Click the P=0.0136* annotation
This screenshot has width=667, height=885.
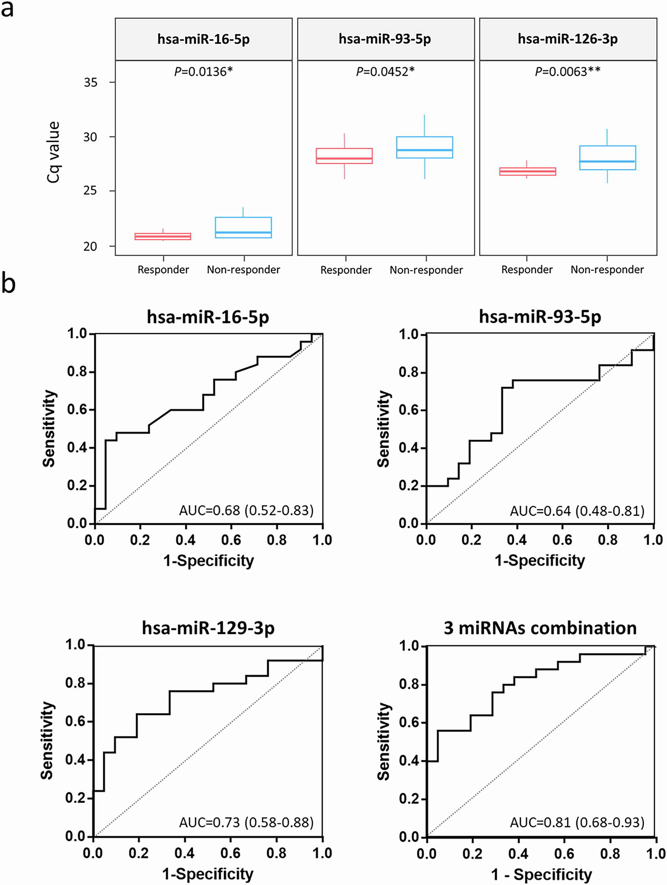coord(204,72)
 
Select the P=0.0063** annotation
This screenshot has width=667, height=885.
coord(568,72)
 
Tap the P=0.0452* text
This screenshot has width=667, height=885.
coord(385,72)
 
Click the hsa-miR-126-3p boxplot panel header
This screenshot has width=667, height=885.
coord(568,39)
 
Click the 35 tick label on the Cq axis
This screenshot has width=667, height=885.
coord(91,82)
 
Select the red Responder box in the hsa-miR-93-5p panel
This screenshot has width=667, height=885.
coord(344,156)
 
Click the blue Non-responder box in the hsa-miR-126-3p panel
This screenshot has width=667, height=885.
coord(607,158)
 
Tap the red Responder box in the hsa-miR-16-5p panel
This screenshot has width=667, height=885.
coord(163,237)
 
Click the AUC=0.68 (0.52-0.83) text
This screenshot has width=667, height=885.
coord(246,511)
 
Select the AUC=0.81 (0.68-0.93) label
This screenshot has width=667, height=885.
coord(577,822)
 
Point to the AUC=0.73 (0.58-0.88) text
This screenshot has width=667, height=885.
coord(246,822)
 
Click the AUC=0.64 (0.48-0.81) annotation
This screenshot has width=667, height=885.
coord(577,511)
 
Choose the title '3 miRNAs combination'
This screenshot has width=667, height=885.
coord(540,628)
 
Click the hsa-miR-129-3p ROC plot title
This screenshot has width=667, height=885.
coord(208,628)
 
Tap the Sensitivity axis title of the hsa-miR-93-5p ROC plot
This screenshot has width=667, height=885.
coord(384,429)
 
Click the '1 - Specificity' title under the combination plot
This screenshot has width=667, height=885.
coord(541,875)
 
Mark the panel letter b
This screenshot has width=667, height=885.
coord(8,283)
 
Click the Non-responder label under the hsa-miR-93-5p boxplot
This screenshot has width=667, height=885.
coord(426,270)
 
